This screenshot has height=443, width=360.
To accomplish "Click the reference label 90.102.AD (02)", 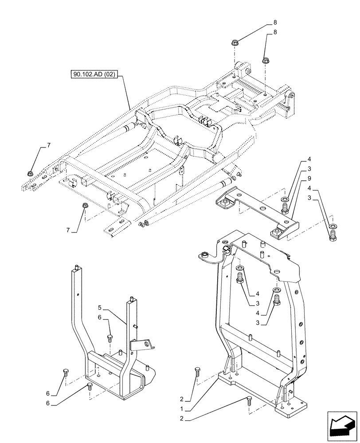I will (93, 74).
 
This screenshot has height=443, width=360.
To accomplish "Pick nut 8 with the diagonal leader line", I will (235, 43).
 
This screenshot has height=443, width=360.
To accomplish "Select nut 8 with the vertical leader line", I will (265, 60).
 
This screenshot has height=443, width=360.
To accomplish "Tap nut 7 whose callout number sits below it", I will (84, 206).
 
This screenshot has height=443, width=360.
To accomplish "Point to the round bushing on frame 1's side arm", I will (205, 255).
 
